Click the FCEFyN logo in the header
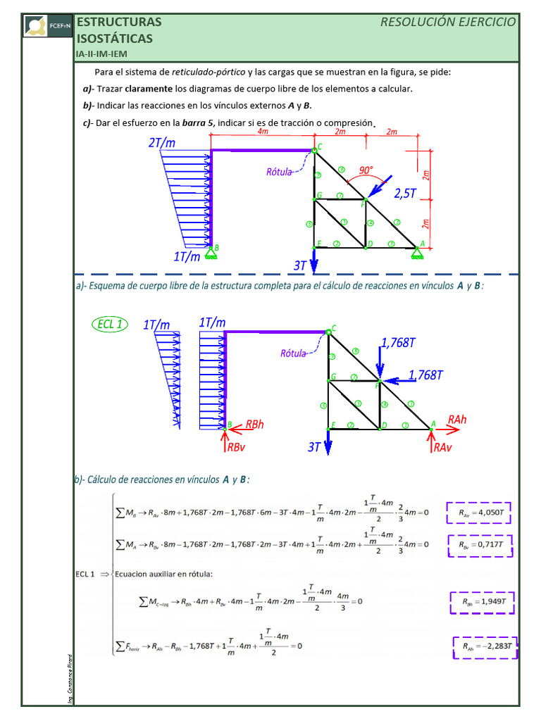(47, 25)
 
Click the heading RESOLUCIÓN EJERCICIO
(448, 22)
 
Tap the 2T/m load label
(161, 143)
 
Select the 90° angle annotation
(366, 170)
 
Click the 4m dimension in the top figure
(262, 132)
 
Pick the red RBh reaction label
(254, 425)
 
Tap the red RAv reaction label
(443, 447)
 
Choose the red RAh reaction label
(456, 420)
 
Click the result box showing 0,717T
(480, 545)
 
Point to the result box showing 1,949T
(483, 603)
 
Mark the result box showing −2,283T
(485, 646)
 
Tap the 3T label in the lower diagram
(315, 447)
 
